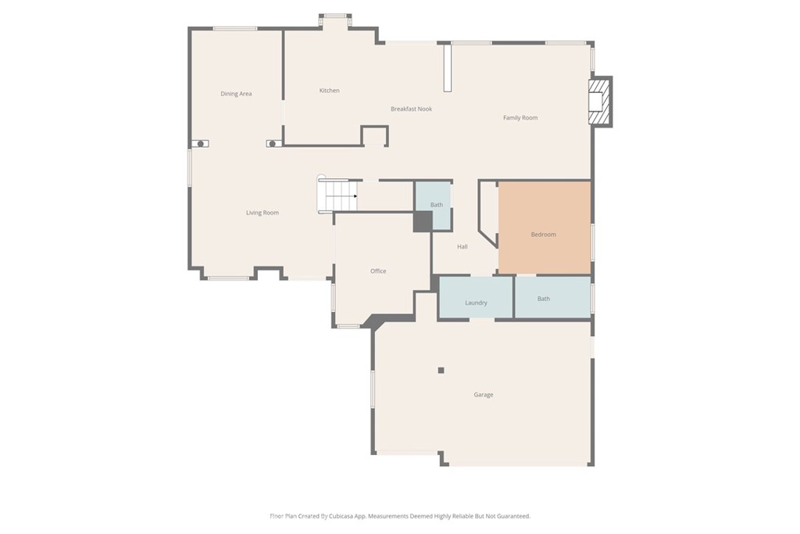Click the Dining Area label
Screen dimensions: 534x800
tap(236, 94)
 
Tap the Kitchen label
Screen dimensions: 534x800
tap(330, 91)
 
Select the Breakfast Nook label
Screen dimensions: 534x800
tap(411, 109)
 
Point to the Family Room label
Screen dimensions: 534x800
tap(520, 117)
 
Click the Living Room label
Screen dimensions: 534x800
tap(262, 213)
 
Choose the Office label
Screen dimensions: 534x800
tap(378, 271)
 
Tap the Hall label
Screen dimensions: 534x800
tap(462, 247)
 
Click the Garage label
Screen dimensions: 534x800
tap(484, 395)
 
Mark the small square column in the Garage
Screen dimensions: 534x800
tap(441, 371)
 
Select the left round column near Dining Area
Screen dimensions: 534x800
tap(201, 144)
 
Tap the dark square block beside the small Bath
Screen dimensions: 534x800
tap(422, 221)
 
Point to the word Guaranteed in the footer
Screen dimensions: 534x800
tap(512, 516)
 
